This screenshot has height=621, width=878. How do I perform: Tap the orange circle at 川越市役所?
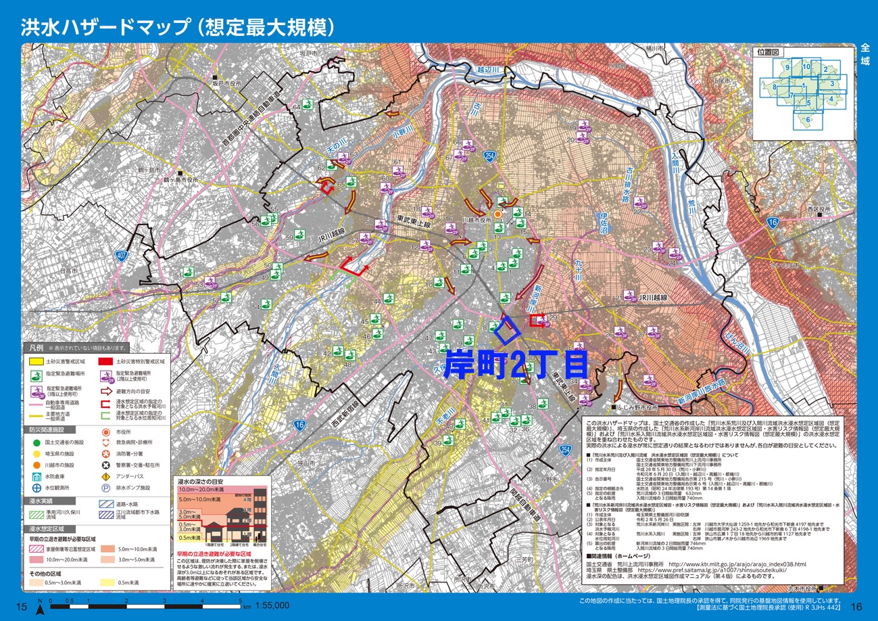tap(497, 214)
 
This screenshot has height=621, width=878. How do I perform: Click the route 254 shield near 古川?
tap(489, 156)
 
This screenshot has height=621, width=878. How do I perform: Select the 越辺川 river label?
tap(487, 70)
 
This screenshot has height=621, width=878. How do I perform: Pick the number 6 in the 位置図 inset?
tap(808, 120)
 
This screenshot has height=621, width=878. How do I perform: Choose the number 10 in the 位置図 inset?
tap(806, 67)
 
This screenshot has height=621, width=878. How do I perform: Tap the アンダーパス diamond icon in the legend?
tap(105, 476)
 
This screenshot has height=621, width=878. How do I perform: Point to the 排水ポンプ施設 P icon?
tap(105, 488)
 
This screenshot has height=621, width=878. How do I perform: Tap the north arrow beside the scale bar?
tap(39, 607)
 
